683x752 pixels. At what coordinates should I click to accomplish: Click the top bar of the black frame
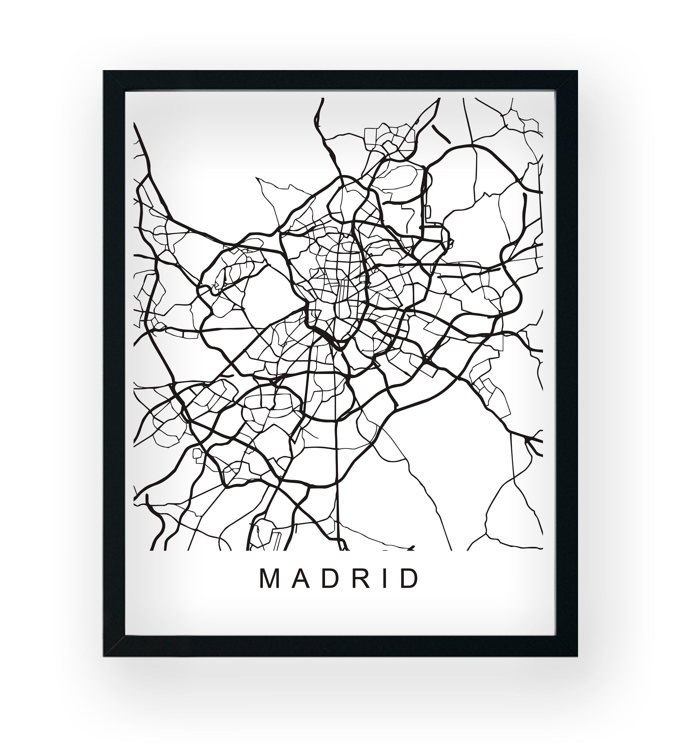point(340,80)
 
